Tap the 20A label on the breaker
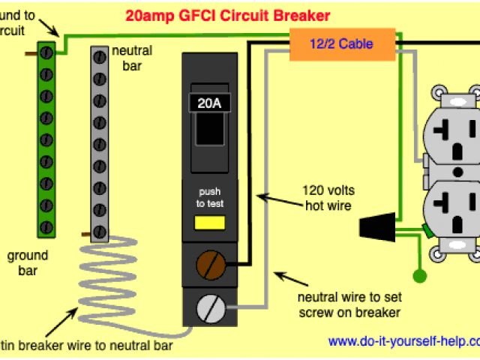click(x=210, y=103)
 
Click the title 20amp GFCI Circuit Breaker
click(x=228, y=15)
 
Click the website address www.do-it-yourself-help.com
click(x=403, y=341)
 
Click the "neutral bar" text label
click(x=132, y=59)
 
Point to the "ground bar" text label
click(x=28, y=263)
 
